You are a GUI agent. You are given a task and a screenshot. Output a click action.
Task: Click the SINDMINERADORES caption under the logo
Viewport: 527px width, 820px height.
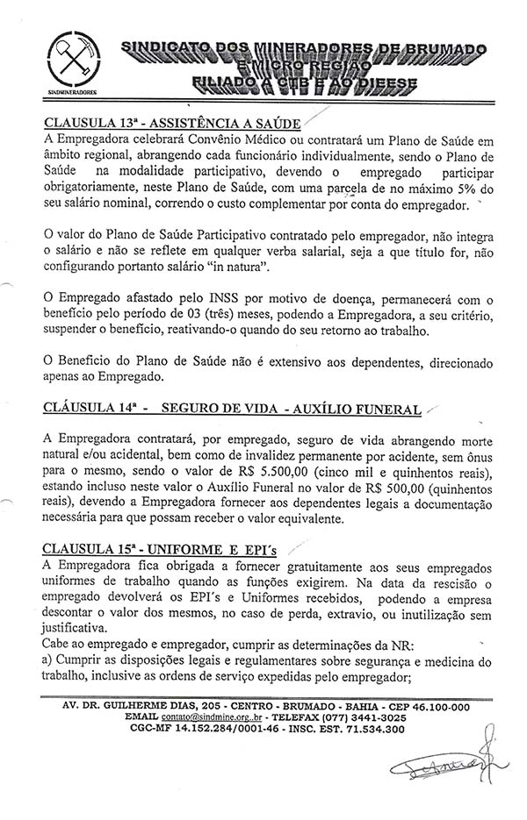(x=73, y=90)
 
